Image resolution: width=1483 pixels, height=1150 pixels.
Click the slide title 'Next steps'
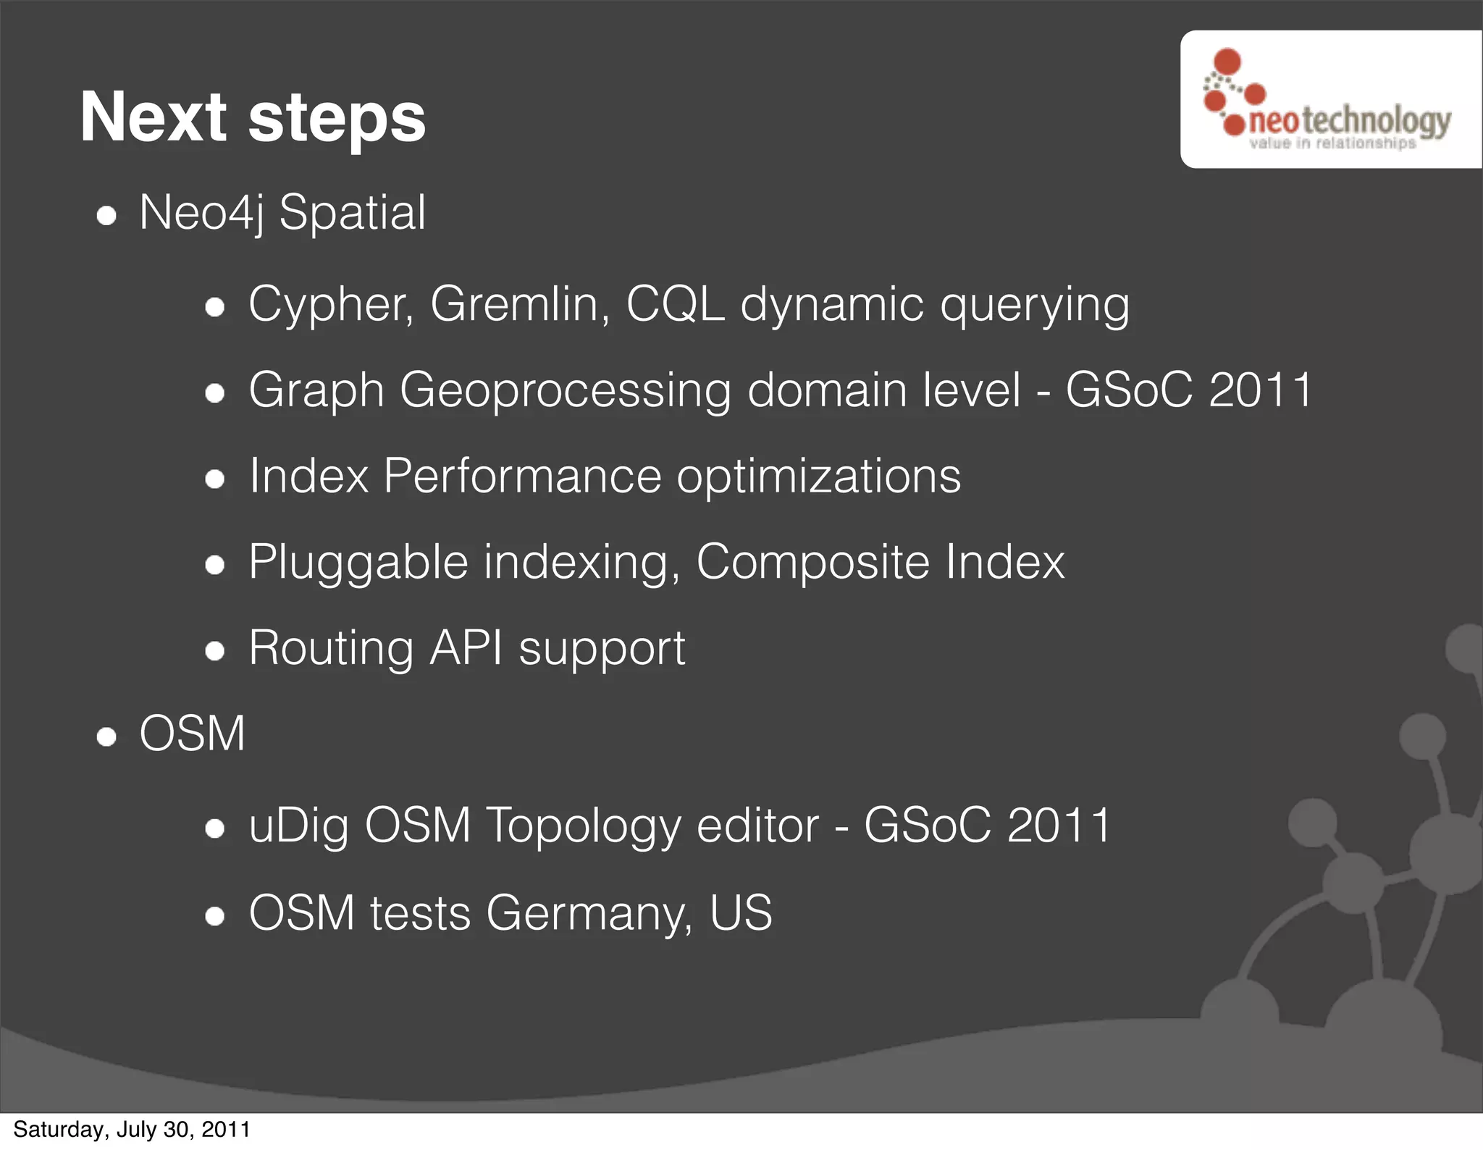253,117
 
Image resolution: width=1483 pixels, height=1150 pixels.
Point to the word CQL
675,304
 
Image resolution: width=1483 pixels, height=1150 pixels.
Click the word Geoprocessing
565,390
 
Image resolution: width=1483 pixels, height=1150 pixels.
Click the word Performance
522,477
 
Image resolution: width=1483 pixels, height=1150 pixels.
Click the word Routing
331,648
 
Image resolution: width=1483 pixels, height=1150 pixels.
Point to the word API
466,648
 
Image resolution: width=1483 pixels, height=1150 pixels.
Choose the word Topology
583,826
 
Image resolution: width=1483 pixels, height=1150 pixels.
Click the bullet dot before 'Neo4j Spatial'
107,217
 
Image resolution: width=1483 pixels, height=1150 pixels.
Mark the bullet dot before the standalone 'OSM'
107,737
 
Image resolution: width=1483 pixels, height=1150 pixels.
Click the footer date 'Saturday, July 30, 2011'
132,1130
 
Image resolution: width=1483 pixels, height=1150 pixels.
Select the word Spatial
353,214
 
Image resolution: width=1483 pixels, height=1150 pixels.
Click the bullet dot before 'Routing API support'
214,651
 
